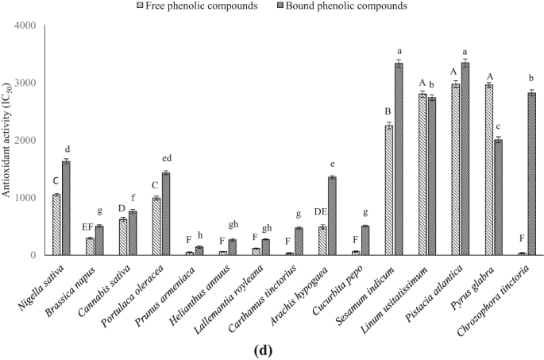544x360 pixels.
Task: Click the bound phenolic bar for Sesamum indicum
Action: [x=399, y=159]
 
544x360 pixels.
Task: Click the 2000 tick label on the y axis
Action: [x=29, y=141]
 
